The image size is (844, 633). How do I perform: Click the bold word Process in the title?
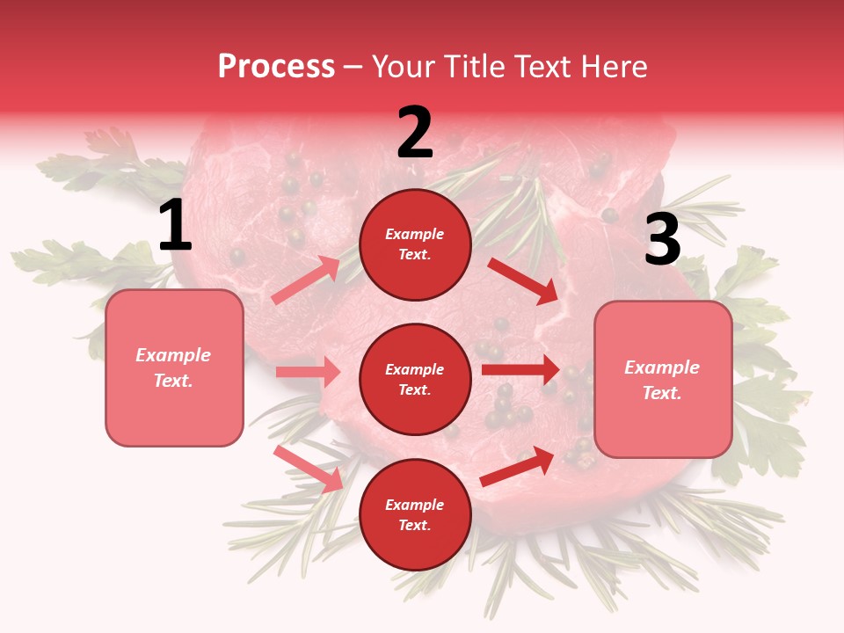click(x=276, y=66)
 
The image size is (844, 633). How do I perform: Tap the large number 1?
click(x=175, y=226)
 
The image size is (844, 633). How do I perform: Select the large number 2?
click(x=415, y=133)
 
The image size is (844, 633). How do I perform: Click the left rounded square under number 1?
click(x=174, y=367)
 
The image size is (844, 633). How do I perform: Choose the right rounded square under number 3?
click(x=663, y=380)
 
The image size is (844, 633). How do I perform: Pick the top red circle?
click(x=415, y=244)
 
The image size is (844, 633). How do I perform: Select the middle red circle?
click(x=415, y=379)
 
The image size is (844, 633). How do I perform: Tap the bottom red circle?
click(x=415, y=514)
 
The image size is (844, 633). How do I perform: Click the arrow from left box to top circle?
click(x=306, y=280)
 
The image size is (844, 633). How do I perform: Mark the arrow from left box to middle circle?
click(x=308, y=372)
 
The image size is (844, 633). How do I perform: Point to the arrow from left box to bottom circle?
click(x=308, y=468)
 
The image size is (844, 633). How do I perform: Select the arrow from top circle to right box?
click(x=524, y=280)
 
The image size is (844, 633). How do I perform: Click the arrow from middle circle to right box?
click(x=520, y=370)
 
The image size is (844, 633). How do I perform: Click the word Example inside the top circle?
click(x=415, y=234)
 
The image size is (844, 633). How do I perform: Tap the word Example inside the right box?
click(x=662, y=367)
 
